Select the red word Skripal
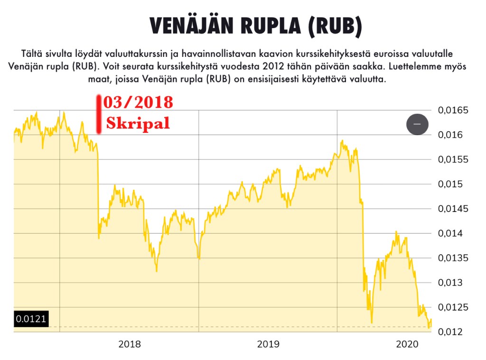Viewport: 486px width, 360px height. (138, 123)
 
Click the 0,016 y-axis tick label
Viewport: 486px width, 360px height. (450, 135)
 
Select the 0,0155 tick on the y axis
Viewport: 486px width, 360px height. (452, 160)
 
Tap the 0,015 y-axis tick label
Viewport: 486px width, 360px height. (450, 184)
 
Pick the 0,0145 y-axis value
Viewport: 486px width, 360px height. (452, 209)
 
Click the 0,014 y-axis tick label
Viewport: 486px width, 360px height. (450, 233)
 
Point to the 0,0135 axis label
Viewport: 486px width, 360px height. (452, 258)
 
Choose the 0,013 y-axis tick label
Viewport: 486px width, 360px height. (450, 283)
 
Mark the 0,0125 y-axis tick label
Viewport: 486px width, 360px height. (452, 307)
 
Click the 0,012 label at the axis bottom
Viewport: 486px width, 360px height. (450, 332)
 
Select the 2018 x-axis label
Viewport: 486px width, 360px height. (130, 344)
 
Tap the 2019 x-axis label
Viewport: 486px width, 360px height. (269, 344)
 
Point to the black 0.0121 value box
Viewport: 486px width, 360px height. (31, 319)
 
